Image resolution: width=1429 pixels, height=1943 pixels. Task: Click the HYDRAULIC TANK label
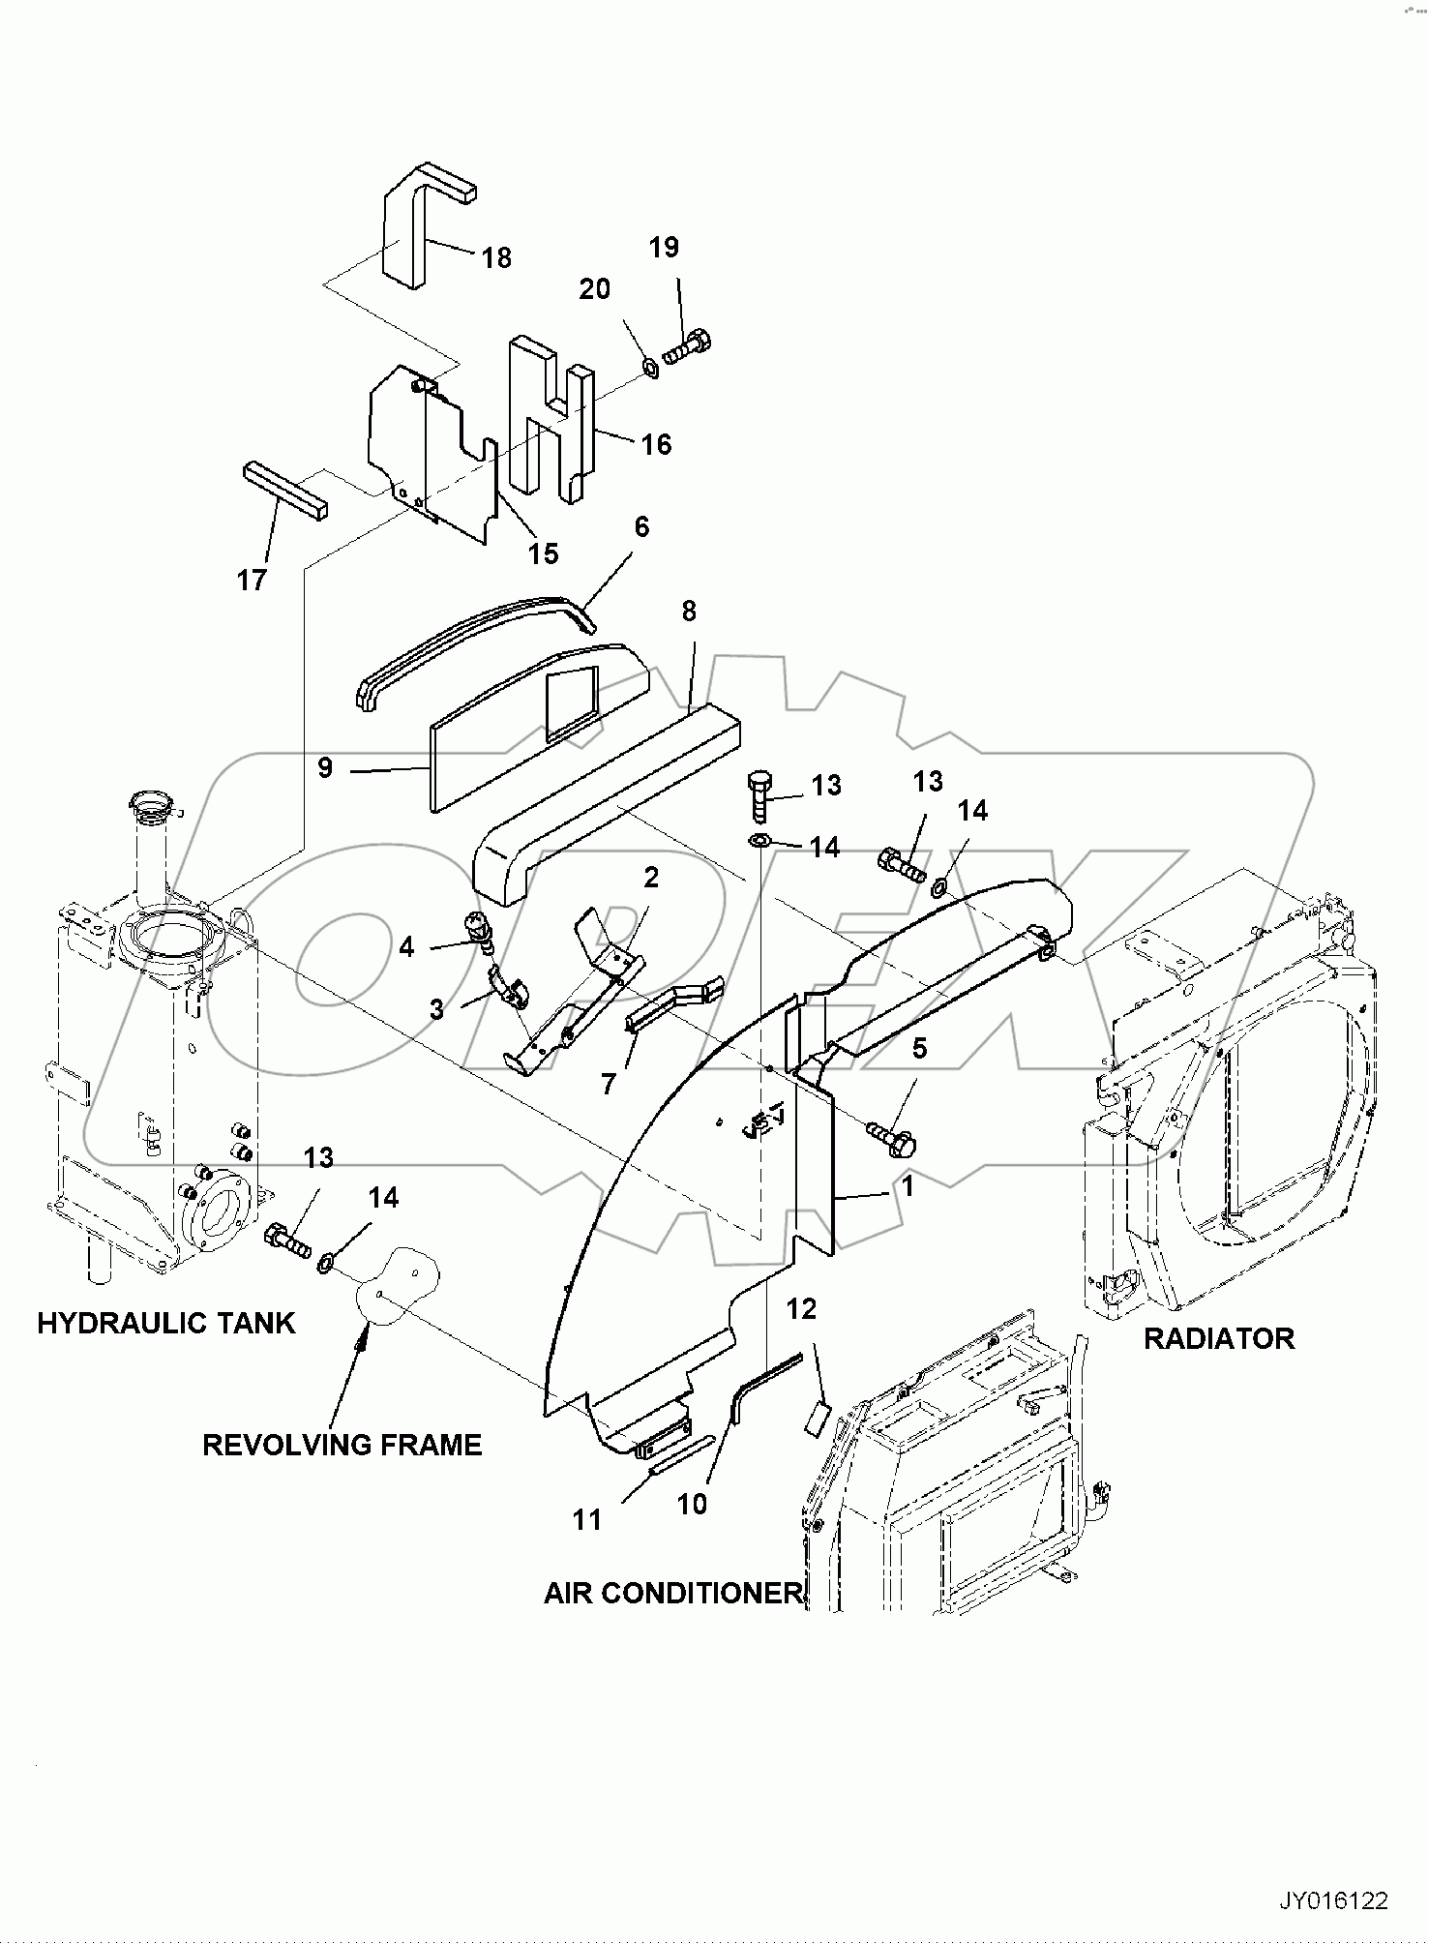165,1323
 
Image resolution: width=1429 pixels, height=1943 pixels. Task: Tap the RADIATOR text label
1218,1338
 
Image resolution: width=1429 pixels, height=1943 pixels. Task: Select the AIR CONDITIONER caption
673,1593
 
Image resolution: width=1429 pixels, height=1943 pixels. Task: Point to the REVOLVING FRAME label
342,1445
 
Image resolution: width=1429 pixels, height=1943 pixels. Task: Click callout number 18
496,258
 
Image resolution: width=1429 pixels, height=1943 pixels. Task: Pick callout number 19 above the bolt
664,248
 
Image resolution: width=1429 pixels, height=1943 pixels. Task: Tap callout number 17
252,580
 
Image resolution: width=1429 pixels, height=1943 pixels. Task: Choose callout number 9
325,767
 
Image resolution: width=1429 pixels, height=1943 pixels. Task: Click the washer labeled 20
651,367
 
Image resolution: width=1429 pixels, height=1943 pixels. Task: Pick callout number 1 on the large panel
907,1186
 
